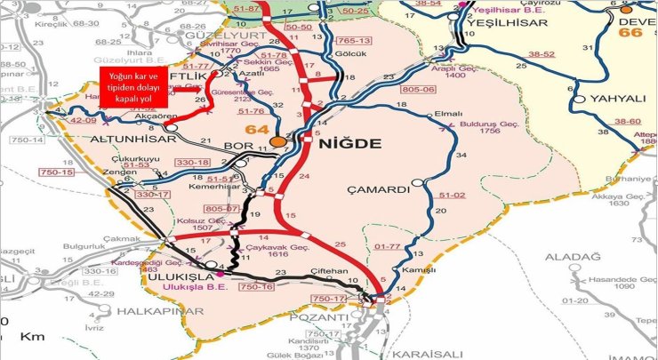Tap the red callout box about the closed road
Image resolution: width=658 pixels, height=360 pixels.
click(x=132, y=89)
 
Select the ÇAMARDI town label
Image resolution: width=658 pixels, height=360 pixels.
click(x=382, y=189)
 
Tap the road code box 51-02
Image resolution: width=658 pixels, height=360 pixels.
click(x=453, y=195)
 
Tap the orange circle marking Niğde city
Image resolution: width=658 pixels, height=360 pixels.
click(x=278, y=141)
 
